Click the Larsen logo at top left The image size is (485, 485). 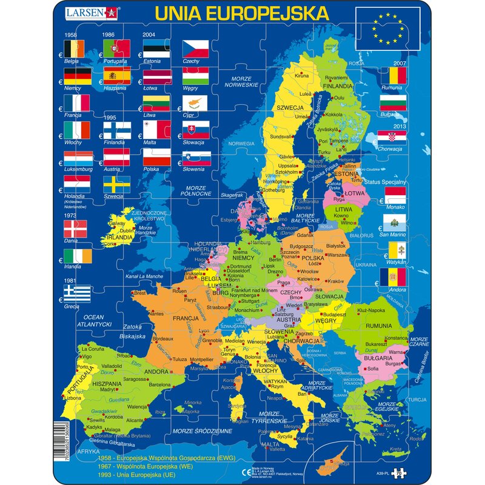(92, 13)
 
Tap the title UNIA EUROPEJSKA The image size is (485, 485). (242, 13)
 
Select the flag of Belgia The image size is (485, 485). (77, 48)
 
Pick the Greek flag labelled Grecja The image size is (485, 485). (77, 294)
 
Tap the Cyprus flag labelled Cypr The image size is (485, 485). (195, 102)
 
